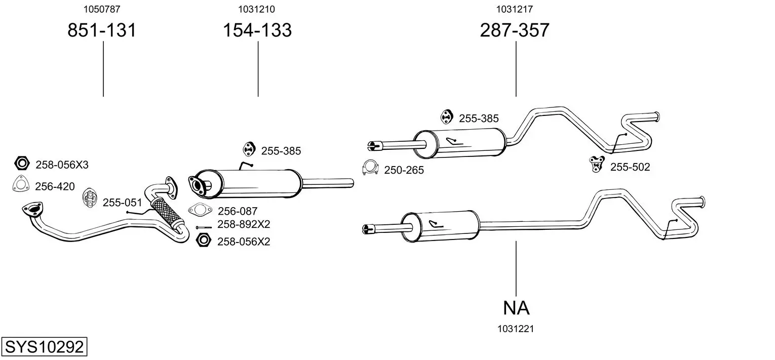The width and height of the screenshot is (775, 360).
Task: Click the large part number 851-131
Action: [x=102, y=30]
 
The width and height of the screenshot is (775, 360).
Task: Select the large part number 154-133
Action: [x=257, y=30]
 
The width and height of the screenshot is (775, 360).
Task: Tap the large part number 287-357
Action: [x=515, y=30]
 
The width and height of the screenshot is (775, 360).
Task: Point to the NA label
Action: [x=516, y=308]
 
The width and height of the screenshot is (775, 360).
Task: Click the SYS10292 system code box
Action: [x=44, y=346]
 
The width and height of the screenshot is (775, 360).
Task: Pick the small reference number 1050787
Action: [x=102, y=9]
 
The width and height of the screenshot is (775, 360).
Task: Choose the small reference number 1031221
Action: [x=516, y=329]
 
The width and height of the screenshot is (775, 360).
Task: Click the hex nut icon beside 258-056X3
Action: [x=22, y=163]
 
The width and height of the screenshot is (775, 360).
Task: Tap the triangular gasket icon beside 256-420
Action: [x=20, y=184]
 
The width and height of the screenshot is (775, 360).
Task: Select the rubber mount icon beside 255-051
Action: [x=90, y=198]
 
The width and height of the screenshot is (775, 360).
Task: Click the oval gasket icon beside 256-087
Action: [x=200, y=210]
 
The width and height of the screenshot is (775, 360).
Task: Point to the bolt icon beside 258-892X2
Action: [x=204, y=227]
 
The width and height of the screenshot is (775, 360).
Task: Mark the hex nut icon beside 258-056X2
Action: [x=203, y=240]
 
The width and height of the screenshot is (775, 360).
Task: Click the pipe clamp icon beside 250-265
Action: [x=370, y=168]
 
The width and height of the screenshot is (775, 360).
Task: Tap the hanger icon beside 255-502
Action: [x=597, y=164]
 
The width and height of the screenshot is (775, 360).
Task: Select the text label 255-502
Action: [x=630, y=167]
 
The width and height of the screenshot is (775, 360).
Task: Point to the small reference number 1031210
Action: [x=256, y=9]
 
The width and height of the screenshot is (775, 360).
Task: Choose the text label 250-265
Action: [x=404, y=170]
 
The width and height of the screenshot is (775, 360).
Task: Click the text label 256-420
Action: [x=55, y=187]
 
